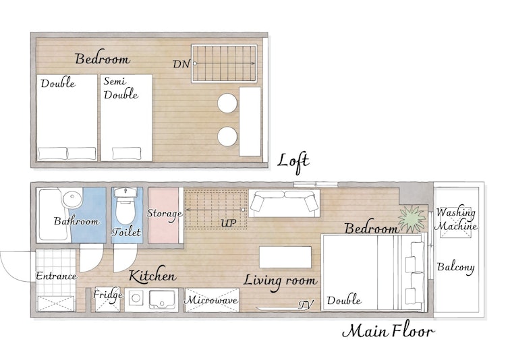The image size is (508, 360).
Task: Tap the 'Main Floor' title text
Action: click(388, 332)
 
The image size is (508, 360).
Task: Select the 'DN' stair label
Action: click(181, 64)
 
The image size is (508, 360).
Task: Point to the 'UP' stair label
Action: click(229, 223)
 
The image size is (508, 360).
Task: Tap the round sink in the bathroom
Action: click(72, 199)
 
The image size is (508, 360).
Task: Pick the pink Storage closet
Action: click(164, 215)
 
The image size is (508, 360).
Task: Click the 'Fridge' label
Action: click(108, 295)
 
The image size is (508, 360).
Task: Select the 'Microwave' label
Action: click(212, 300)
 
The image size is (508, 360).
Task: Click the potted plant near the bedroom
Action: click(412, 219)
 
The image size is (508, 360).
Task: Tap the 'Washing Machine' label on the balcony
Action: click(455, 220)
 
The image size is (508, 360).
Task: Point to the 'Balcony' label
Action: click(455, 268)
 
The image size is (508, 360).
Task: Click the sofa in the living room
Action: click(284, 204)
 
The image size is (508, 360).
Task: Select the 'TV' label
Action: click(306, 305)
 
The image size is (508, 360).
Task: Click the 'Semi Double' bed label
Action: click(121, 88)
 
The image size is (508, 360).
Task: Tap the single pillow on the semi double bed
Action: click(127, 153)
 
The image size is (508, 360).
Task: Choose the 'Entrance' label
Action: click(57, 276)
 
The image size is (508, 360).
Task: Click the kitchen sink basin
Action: click(163, 299)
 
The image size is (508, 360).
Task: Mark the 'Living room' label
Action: click(280, 280)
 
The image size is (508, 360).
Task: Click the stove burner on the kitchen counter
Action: click(136, 298)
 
